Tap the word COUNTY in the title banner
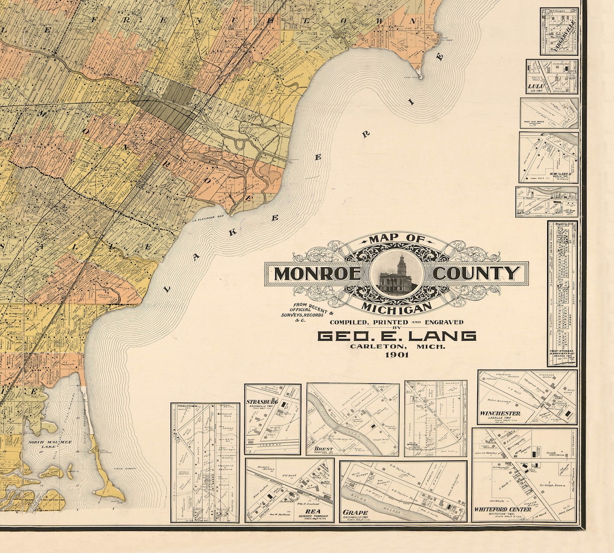[477, 274]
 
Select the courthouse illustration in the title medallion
[396, 274]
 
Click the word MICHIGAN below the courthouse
[396, 307]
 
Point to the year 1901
[396, 355]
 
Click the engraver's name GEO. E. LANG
[397, 336]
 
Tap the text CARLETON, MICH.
[397, 347]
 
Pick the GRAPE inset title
[355, 513]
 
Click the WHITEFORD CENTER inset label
[502, 509]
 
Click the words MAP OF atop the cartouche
[396, 239]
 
